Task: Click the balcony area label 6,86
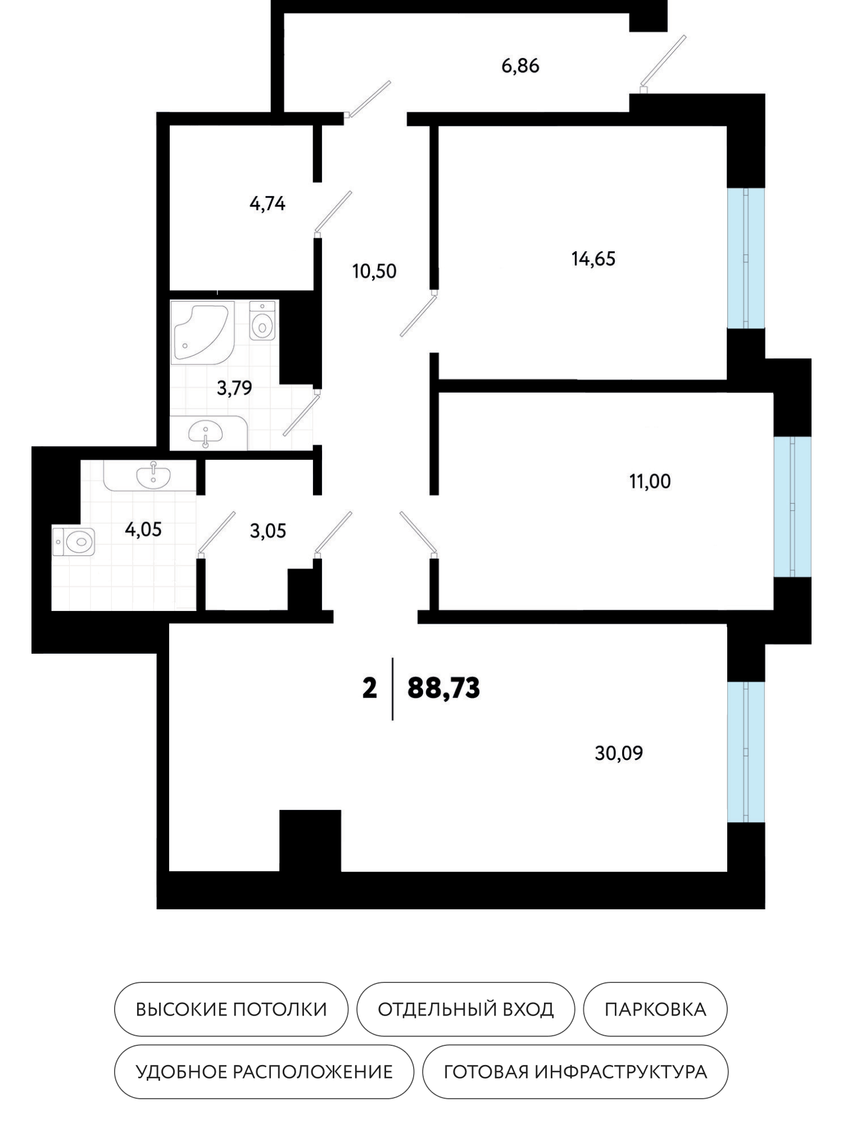pos(520,66)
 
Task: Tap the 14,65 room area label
pos(593,260)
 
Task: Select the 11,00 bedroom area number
pos(650,482)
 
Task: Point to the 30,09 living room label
pos(619,753)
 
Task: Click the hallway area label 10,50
pos(375,271)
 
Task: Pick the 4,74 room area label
pos(268,203)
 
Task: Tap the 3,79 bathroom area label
pos(234,388)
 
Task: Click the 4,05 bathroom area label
pos(144,529)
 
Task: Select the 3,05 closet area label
pos(268,531)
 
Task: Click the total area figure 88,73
pos(444,688)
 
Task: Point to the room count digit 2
pos(369,688)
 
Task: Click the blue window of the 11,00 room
pos(792,506)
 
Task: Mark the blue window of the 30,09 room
pos(746,751)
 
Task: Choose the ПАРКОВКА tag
pos(655,1009)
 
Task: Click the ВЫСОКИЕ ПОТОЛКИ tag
pos(231,1009)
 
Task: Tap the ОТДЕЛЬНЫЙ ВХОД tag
pos(465,1009)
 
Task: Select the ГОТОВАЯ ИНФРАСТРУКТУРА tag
pos(575,1072)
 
